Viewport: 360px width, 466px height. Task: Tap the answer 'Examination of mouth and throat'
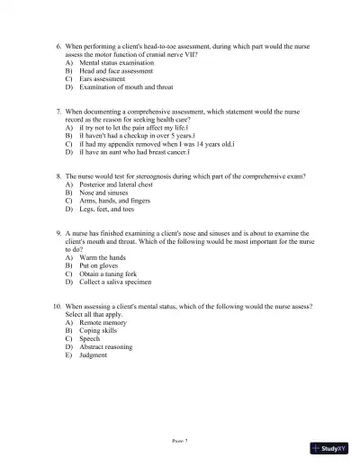click(x=124, y=86)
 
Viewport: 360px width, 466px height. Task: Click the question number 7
click(x=58, y=112)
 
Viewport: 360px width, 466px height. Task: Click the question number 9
click(x=58, y=233)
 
